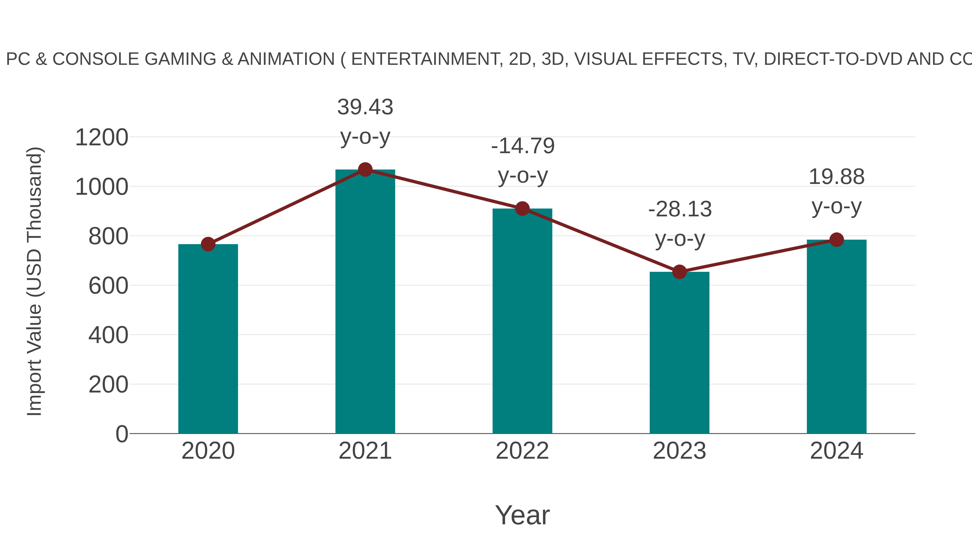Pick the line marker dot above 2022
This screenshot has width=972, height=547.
coord(522,208)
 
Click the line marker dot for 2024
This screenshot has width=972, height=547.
coord(836,239)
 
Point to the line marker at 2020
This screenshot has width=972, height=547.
coord(208,244)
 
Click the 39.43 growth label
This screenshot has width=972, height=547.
coord(365,107)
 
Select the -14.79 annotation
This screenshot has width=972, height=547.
coord(523,146)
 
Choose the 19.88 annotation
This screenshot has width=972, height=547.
coord(836,177)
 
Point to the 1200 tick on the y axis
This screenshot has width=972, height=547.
coord(102,137)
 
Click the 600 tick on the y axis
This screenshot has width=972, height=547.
coord(108,286)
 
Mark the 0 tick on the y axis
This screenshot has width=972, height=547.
coord(122,434)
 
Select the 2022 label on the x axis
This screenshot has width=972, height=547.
coord(522,451)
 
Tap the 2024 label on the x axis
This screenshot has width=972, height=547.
coord(836,451)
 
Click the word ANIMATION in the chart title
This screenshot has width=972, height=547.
coord(286,59)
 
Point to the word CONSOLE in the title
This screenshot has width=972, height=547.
coord(96,59)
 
